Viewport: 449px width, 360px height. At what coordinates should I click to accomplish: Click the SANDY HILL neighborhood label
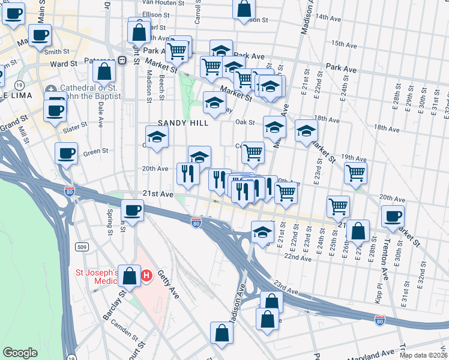[x=182, y=123]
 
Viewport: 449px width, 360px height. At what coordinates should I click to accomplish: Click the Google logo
[x=20, y=353]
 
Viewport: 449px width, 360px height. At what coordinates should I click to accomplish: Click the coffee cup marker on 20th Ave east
[x=393, y=216]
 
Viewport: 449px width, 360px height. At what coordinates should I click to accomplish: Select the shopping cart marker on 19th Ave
[x=356, y=173]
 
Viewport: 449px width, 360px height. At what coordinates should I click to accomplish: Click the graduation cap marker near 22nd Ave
[x=262, y=232]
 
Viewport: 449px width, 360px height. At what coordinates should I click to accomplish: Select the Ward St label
[x=64, y=63]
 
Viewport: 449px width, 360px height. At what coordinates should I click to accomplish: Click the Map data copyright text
[x=423, y=355]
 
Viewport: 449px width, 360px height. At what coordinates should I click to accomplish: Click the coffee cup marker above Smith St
[x=40, y=35]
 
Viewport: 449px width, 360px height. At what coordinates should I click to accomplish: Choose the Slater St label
[x=75, y=128]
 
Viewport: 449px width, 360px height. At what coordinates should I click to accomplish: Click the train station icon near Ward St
[x=122, y=60]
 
